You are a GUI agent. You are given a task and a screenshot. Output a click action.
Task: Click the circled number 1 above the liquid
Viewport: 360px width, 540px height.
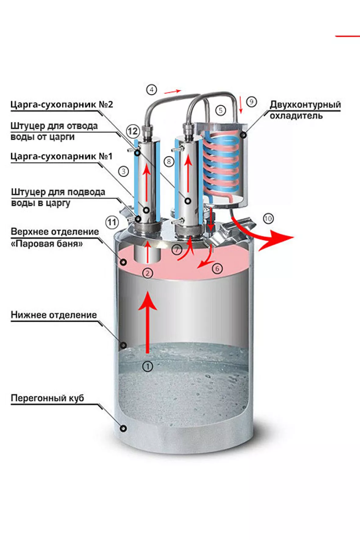(x=148, y=366)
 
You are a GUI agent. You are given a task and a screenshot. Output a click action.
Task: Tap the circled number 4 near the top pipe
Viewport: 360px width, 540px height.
(x=151, y=90)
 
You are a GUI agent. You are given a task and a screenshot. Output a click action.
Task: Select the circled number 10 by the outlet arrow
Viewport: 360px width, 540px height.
(x=268, y=218)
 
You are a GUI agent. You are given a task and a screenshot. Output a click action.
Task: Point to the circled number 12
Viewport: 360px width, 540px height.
(x=133, y=131)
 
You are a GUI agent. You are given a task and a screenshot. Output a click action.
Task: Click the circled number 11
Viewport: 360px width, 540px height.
(x=112, y=222)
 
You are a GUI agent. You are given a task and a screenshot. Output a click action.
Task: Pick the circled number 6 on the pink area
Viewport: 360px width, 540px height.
(x=217, y=268)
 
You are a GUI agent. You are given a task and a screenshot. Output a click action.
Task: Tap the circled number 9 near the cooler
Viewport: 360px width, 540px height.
(x=251, y=102)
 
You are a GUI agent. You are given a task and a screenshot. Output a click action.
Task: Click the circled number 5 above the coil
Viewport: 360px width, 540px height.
(x=221, y=110)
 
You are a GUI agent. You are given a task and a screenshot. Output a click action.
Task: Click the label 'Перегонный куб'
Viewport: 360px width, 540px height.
(x=47, y=398)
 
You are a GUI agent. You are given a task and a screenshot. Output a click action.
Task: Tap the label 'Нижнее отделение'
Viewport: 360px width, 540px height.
(x=54, y=315)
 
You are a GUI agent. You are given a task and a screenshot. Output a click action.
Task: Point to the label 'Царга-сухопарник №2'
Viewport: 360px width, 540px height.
(x=62, y=105)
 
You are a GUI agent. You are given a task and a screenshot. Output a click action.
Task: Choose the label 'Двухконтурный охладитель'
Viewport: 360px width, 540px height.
(x=305, y=110)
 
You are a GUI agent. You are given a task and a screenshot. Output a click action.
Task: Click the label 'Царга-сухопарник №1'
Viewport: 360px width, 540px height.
(x=62, y=156)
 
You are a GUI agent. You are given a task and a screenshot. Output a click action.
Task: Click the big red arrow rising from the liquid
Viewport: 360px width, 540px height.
(x=148, y=320)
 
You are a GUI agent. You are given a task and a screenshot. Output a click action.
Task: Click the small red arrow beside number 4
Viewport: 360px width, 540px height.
(x=173, y=91)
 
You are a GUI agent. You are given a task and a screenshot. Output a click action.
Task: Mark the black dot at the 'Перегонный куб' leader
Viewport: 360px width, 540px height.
(x=123, y=428)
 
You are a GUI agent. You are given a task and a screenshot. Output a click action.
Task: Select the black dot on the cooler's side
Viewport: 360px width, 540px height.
(x=243, y=134)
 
